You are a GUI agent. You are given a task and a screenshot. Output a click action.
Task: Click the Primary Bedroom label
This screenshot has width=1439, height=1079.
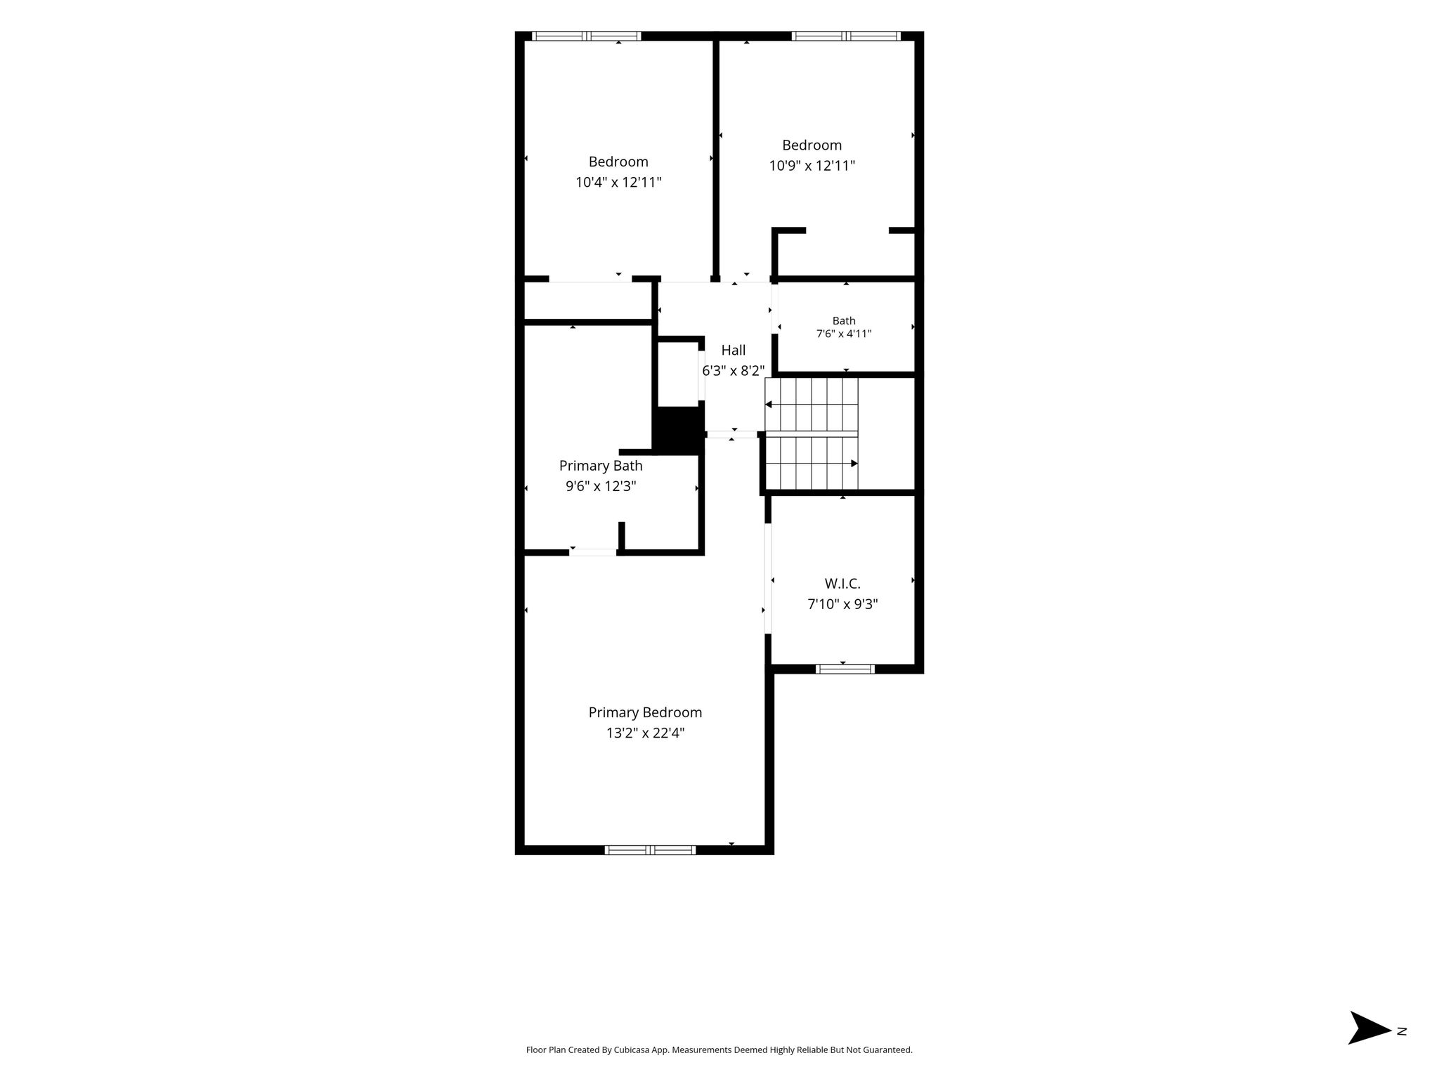click(645, 712)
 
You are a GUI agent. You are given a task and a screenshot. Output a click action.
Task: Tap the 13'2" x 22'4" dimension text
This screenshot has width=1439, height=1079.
click(645, 733)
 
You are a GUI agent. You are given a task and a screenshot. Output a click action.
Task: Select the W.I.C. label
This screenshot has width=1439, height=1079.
click(842, 584)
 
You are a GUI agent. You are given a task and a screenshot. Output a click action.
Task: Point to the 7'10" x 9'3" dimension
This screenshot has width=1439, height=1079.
click(842, 604)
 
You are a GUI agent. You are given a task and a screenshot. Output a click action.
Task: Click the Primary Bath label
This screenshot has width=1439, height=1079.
click(601, 466)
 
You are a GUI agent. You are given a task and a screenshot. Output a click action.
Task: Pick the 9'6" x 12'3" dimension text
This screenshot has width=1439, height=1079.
click(601, 486)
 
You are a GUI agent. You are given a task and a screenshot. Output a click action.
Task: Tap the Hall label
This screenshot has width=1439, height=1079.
click(734, 350)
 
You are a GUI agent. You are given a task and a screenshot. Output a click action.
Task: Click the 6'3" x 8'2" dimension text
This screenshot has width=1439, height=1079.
click(734, 370)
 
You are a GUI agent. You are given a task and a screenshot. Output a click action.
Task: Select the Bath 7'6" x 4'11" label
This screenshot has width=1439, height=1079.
click(844, 327)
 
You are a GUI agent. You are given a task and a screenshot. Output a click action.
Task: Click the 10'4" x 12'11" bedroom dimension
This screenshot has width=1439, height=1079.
click(618, 183)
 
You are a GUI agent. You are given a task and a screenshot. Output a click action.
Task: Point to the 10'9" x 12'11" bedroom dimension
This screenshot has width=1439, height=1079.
click(812, 166)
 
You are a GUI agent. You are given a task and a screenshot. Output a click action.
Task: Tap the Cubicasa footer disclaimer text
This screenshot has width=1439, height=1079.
click(719, 1049)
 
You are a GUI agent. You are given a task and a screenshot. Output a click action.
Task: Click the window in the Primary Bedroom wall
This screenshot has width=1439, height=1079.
click(650, 850)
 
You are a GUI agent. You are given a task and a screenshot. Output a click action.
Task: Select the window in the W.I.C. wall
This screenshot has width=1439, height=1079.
click(845, 669)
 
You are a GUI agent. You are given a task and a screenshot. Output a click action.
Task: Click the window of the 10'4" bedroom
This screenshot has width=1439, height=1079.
click(587, 36)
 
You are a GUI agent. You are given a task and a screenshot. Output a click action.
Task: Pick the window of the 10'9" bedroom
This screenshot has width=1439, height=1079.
click(846, 36)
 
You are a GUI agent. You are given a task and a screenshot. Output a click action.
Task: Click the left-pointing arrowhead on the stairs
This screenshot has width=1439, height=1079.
click(769, 405)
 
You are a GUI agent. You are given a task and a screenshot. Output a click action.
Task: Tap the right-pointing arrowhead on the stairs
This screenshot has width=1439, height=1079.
click(854, 464)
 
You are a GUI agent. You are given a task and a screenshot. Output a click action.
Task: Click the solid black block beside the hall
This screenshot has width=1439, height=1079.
click(679, 430)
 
